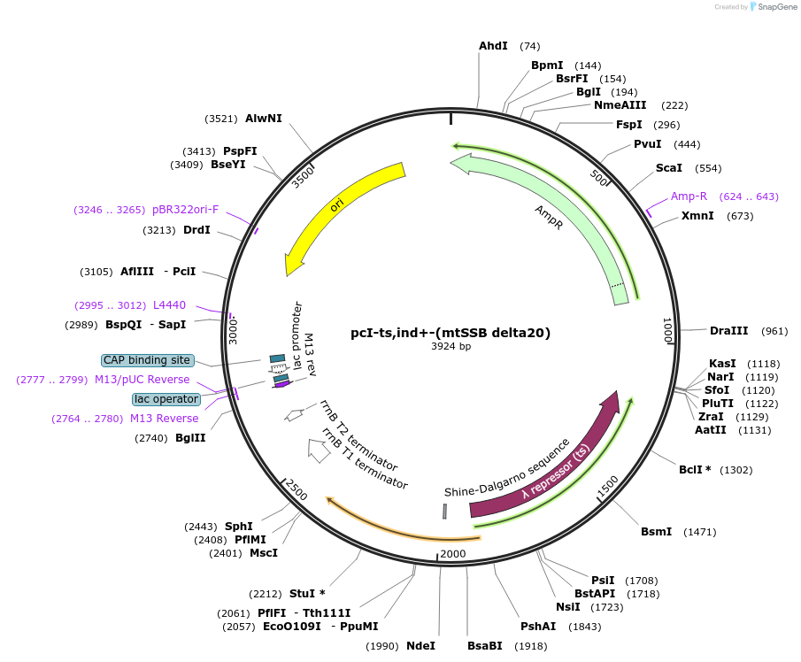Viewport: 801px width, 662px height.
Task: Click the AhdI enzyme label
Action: tap(493, 46)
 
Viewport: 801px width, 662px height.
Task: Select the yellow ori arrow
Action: tap(341, 208)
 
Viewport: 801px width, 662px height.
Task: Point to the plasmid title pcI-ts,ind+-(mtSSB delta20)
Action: tap(451, 333)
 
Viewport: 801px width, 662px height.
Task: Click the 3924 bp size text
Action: tap(451, 346)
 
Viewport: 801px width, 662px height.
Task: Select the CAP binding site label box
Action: tap(147, 360)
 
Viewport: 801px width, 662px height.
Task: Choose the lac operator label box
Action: tap(166, 399)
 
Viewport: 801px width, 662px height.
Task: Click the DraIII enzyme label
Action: tap(728, 331)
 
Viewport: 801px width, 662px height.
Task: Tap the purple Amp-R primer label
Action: tap(689, 196)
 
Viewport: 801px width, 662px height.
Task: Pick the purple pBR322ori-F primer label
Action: tap(185, 210)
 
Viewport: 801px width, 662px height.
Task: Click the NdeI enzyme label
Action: tap(420, 645)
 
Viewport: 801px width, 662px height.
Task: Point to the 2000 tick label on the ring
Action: tap(452, 554)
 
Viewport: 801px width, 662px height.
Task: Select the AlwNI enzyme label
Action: tap(264, 118)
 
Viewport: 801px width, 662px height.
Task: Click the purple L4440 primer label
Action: tap(169, 305)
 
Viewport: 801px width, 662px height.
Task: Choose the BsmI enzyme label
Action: tap(656, 531)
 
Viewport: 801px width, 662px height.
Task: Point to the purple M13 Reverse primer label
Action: tap(165, 419)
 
